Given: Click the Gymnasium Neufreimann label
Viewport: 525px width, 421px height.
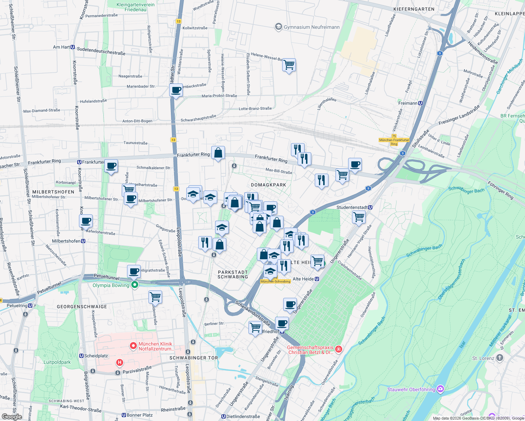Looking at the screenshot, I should (311, 27).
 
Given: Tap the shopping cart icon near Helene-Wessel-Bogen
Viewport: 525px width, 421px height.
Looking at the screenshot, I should (289, 65).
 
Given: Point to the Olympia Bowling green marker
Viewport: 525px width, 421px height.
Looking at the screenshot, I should (135, 285).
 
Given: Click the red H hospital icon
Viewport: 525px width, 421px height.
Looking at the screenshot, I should (120, 362).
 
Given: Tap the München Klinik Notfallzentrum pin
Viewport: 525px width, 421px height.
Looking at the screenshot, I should (133, 346).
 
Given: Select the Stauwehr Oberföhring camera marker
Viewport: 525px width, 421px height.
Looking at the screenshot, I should (441, 389).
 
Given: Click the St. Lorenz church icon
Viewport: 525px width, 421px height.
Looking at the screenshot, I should (500, 358).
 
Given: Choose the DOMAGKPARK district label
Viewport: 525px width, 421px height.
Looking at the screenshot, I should (268, 185).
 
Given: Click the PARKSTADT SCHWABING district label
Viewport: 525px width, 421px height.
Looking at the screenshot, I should (233, 274).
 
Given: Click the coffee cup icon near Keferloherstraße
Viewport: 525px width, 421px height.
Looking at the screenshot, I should (86, 221).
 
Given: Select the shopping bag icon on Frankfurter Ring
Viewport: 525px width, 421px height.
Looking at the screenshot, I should (218, 153).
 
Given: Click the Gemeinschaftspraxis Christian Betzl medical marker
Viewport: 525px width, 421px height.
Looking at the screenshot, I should (338, 349).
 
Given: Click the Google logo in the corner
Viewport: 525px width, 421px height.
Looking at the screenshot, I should (12, 416).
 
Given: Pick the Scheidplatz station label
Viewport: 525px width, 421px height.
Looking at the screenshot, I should (94, 356).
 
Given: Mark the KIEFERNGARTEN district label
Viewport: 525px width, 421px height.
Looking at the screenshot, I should (414, 9).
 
